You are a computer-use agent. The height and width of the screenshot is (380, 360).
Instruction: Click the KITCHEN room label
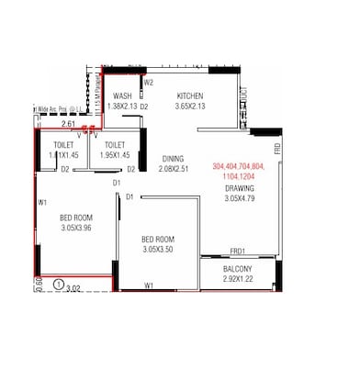[190, 96]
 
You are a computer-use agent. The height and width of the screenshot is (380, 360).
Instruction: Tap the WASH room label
[122, 96]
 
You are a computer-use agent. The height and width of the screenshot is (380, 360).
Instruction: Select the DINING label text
[173, 158]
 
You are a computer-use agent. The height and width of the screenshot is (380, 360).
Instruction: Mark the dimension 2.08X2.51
[173, 169]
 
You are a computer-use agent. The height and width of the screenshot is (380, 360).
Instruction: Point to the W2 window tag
[148, 83]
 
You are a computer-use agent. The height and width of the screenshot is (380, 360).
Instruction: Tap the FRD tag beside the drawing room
[276, 148]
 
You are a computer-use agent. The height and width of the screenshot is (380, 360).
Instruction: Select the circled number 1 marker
[59, 285]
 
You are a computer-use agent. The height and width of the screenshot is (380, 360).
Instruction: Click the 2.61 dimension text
[68, 124]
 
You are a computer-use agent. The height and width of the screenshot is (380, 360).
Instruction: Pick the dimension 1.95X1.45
[115, 156]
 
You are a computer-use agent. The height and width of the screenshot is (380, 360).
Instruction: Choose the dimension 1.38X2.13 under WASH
[122, 106]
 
